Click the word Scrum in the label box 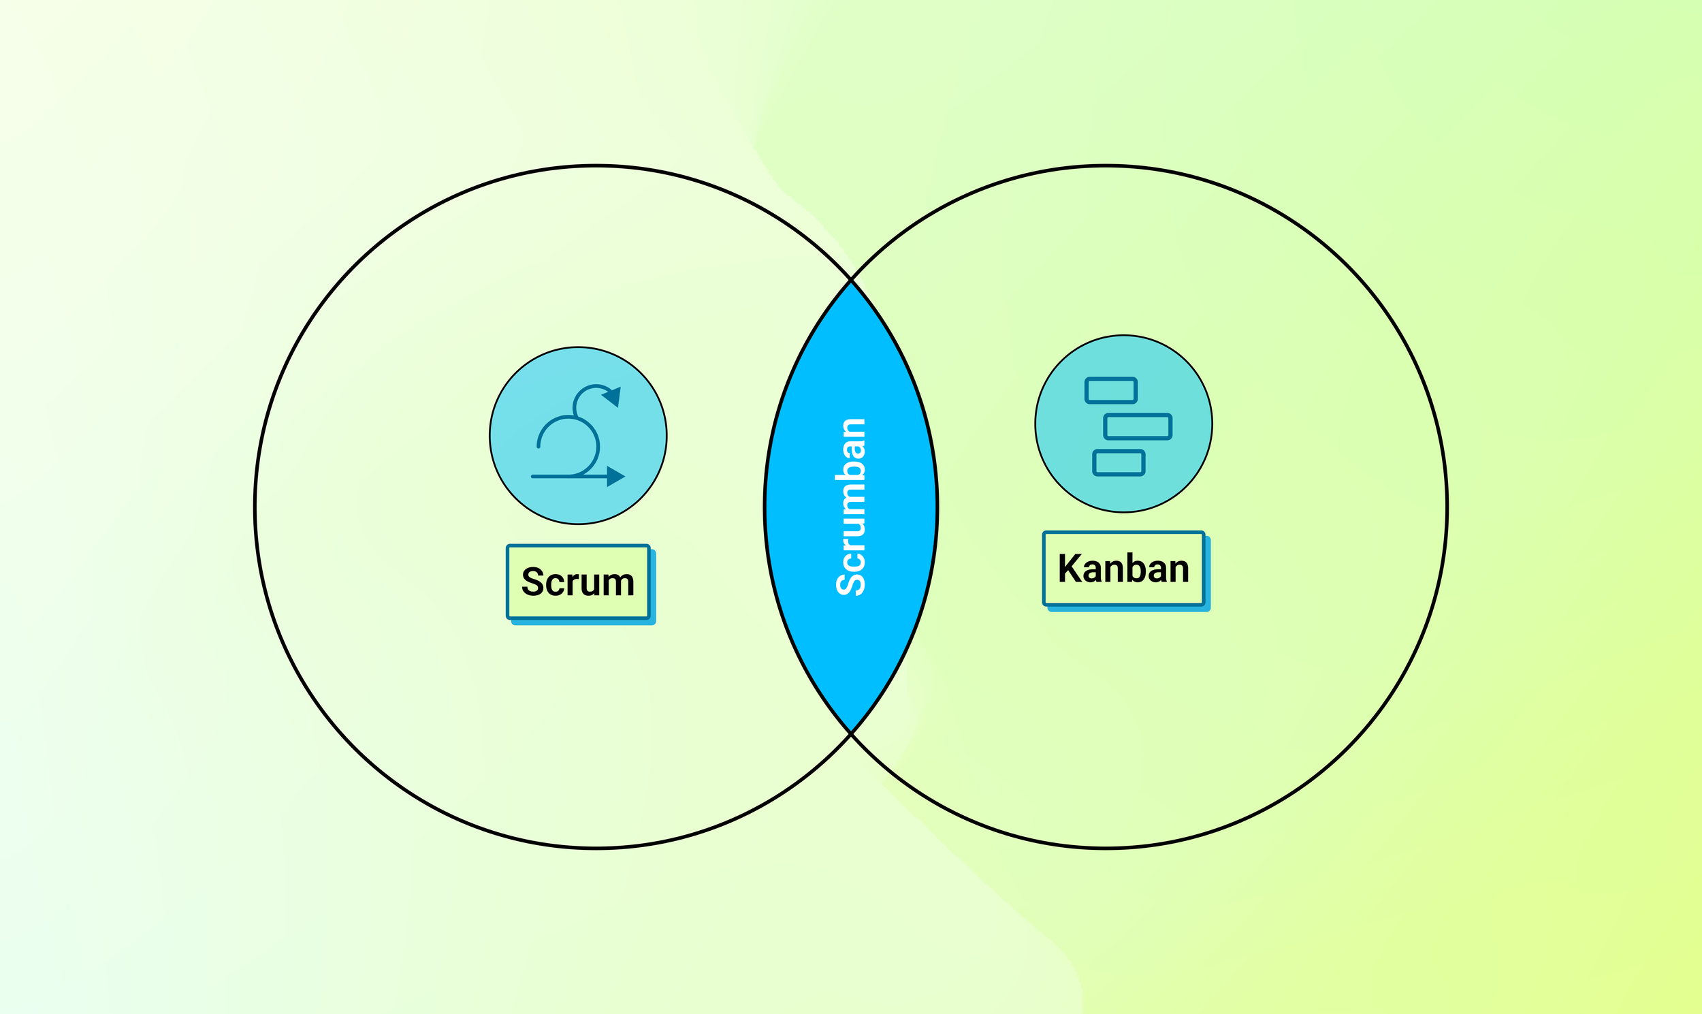click(x=578, y=582)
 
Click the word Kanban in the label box click(x=1123, y=569)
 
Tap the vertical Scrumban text click(x=851, y=507)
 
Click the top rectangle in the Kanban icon click(x=1111, y=391)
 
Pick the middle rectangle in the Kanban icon click(x=1138, y=426)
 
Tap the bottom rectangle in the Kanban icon click(x=1119, y=462)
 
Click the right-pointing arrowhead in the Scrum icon click(x=615, y=476)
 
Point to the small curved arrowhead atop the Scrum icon click(x=613, y=397)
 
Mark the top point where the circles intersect click(x=851, y=280)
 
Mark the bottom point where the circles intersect click(x=851, y=733)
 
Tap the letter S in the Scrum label click(x=534, y=582)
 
